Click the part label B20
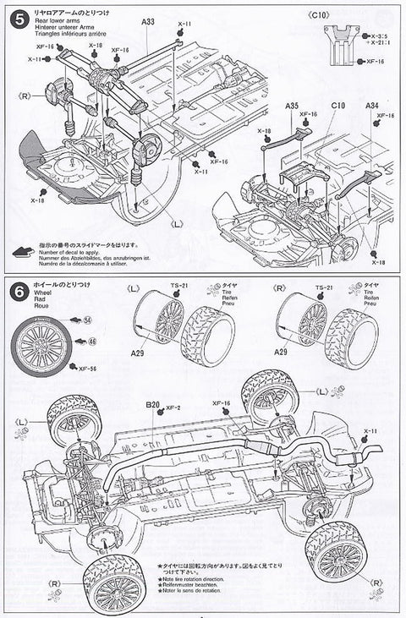pyautogui.click(x=152, y=405)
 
